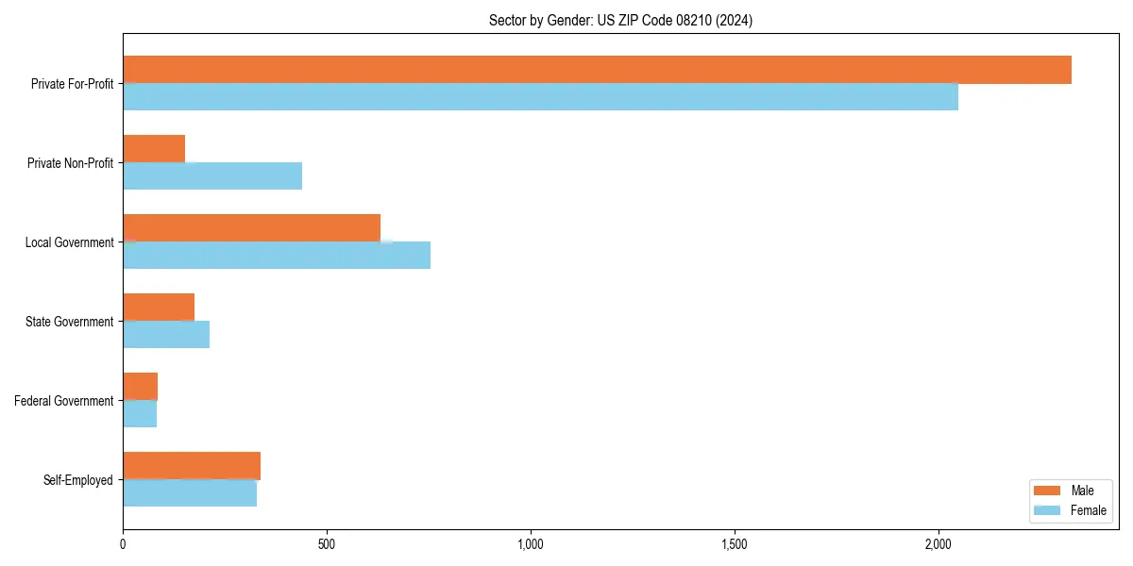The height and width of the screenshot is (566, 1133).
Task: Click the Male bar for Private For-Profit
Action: (597, 70)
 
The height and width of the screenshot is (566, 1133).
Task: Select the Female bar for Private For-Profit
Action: (540, 97)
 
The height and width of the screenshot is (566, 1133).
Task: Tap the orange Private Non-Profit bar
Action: (154, 149)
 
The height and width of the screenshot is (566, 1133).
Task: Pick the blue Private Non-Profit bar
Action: (212, 176)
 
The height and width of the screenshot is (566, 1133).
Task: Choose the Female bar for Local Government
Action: (277, 256)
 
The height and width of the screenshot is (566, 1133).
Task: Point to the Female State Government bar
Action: (166, 335)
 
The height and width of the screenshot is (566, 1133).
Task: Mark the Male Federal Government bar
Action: (140, 387)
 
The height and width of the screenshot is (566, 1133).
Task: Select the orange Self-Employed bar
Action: (192, 466)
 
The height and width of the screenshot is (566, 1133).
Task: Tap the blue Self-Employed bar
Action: (190, 493)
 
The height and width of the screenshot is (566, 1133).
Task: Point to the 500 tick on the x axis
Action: (327, 544)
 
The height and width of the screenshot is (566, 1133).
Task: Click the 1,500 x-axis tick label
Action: (734, 544)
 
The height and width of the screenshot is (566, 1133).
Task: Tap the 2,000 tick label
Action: (938, 544)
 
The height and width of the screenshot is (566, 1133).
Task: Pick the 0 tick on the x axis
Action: (123, 544)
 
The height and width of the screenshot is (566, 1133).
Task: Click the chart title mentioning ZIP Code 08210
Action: (620, 20)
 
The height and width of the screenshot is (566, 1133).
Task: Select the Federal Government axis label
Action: (63, 401)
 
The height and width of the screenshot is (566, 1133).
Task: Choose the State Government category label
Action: (69, 322)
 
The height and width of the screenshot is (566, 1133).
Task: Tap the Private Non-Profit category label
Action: (70, 163)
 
